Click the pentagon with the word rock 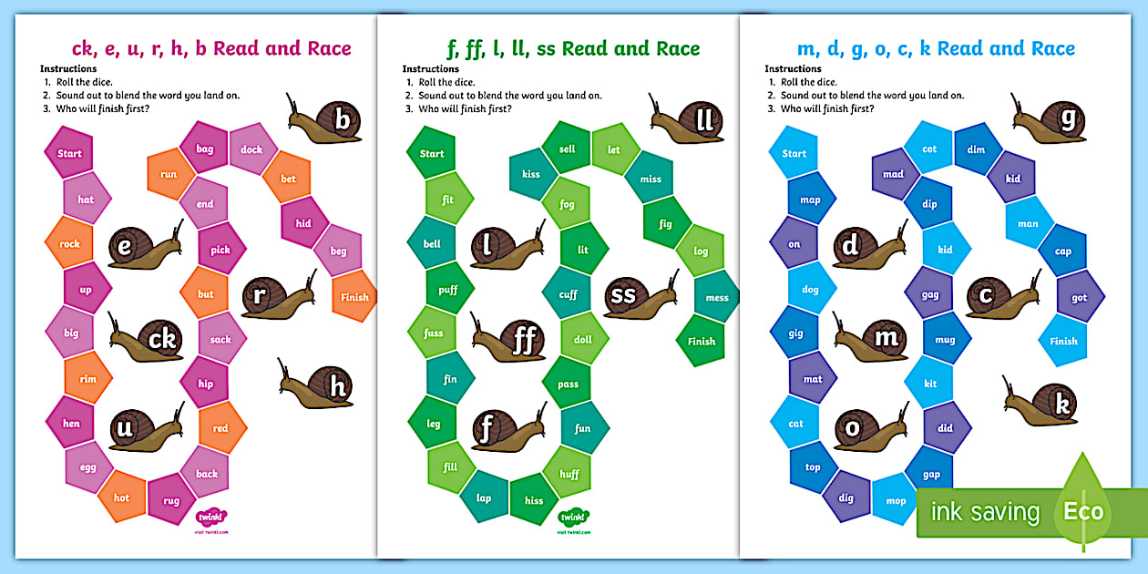pyautogui.click(x=69, y=243)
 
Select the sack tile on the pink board pyautogui.click(x=221, y=339)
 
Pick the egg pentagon pyautogui.click(x=88, y=466)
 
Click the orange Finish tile pyautogui.click(x=354, y=296)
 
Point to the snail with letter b pyautogui.click(x=325, y=120)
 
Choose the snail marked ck pyautogui.click(x=147, y=339)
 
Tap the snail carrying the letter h pyautogui.click(x=318, y=387)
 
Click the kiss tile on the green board pyautogui.click(x=531, y=174)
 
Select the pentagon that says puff pyautogui.click(x=448, y=290)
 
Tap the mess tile pyautogui.click(x=717, y=297)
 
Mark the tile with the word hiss pyautogui.click(x=534, y=500)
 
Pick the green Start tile pyautogui.click(x=432, y=153)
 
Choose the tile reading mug pyautogui.click(x=945, y=340)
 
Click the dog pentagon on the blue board pyautogui.click(x=811, y=290)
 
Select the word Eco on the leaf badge pyautogui.click(x=1083, y=511)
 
